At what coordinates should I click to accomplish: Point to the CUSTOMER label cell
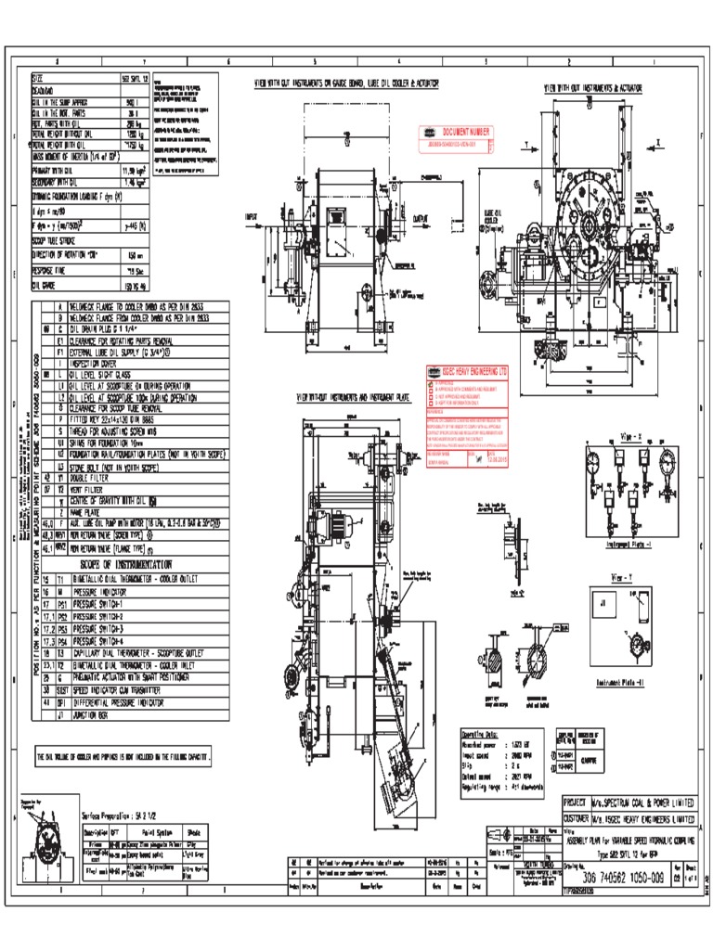577,820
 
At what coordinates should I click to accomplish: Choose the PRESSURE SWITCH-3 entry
117,628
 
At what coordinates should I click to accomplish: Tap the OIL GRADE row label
46,287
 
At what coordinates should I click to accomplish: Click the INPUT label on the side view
252,217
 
